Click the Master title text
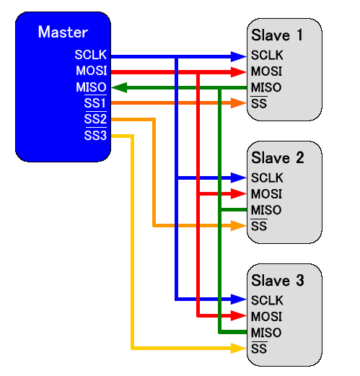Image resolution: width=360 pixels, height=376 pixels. tap(63, 32)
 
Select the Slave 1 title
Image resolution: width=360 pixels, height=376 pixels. tap(276, 35)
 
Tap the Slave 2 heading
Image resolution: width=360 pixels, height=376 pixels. tap(278, 158)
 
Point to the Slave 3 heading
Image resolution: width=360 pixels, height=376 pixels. tap(278, 281)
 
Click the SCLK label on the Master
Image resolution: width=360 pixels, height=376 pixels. tap(91, 55)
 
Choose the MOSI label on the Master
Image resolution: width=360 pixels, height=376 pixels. tap(92, 71)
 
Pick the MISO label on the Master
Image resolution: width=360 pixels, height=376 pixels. tap(91, 87)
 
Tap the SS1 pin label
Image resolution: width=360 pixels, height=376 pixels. tap(95, 102)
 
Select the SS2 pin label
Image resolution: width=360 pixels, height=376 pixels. tap(95, 118)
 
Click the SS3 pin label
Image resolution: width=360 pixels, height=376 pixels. tap(95, 135)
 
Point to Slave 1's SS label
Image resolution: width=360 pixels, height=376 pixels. tap(259, 103)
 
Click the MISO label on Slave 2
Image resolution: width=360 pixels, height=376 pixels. tap(266, 210)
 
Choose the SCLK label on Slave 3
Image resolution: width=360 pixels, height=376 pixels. tap(267, 300)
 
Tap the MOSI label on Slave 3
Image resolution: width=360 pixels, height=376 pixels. tap(266, 317)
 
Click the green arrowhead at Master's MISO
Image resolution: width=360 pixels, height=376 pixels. tap(119, 87)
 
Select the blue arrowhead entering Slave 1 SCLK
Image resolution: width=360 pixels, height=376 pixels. tap(239, 56)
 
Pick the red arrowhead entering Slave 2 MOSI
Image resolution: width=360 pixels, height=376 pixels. tap(239, 193)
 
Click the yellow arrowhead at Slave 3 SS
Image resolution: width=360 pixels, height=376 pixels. tap(239, 349)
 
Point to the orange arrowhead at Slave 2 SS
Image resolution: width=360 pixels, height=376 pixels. tap(239, 226)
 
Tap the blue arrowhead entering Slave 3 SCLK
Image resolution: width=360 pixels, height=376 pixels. tap(239, 300)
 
